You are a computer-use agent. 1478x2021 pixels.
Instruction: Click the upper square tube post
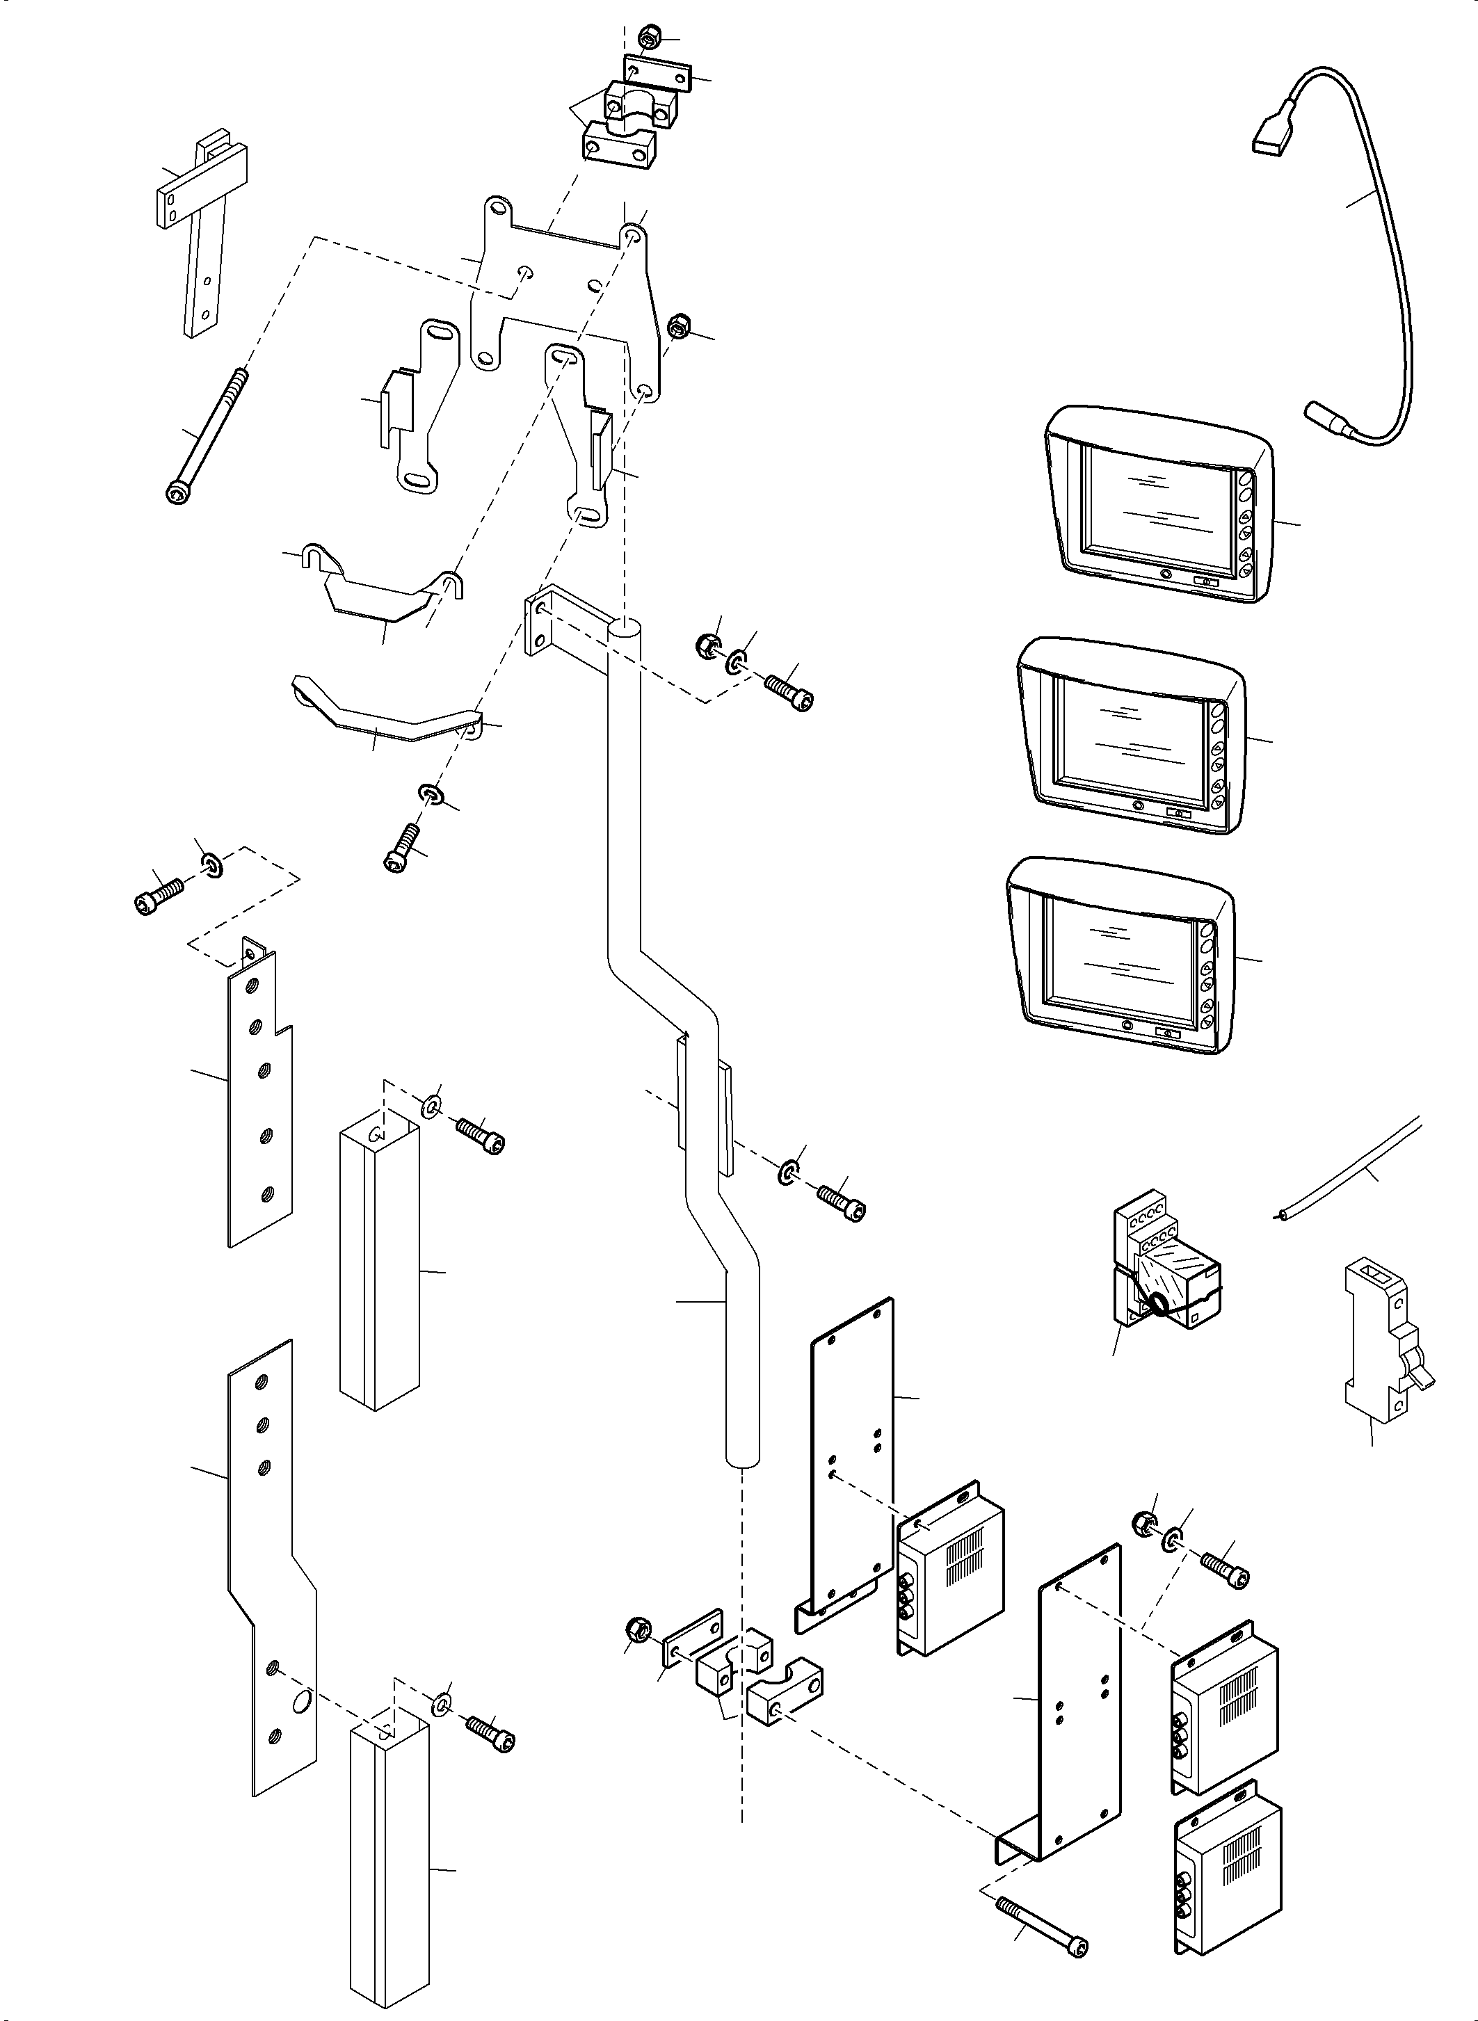click(x=379, y=1271)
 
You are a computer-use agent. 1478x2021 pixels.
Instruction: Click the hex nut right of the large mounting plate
click(x=679, y=325)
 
